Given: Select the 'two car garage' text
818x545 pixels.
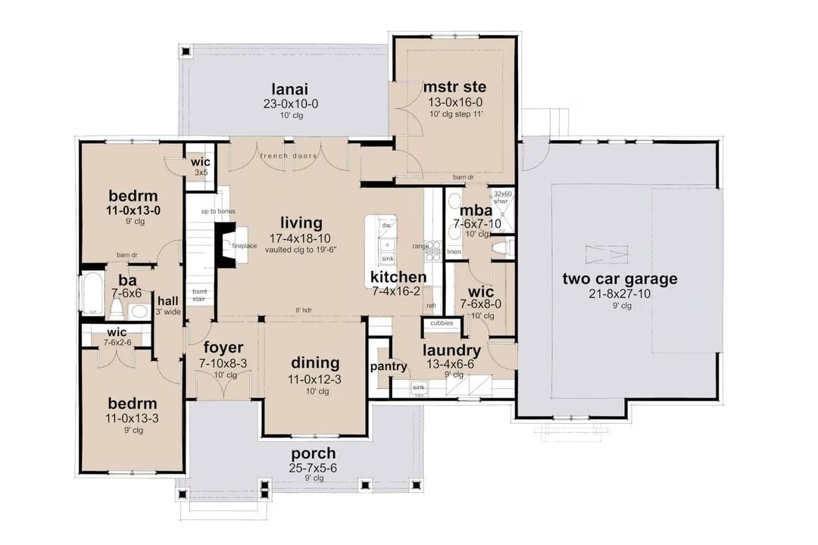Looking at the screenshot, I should [620, 279].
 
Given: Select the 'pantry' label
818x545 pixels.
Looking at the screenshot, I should [389, 367].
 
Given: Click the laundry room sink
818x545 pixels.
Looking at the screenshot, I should [418, 388].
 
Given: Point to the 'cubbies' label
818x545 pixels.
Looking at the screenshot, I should [442, 323].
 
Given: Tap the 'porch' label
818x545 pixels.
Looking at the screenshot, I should [314, 454].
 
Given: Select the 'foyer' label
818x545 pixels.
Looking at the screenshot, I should [224, 347].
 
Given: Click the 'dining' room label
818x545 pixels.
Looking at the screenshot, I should [314, 363].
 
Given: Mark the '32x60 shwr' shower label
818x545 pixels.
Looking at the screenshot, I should [503, 197].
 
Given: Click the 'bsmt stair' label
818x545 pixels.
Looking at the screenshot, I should [200, 294].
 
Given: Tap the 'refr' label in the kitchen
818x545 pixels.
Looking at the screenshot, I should [432, 305].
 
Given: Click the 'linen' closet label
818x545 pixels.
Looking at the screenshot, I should [454, 251].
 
